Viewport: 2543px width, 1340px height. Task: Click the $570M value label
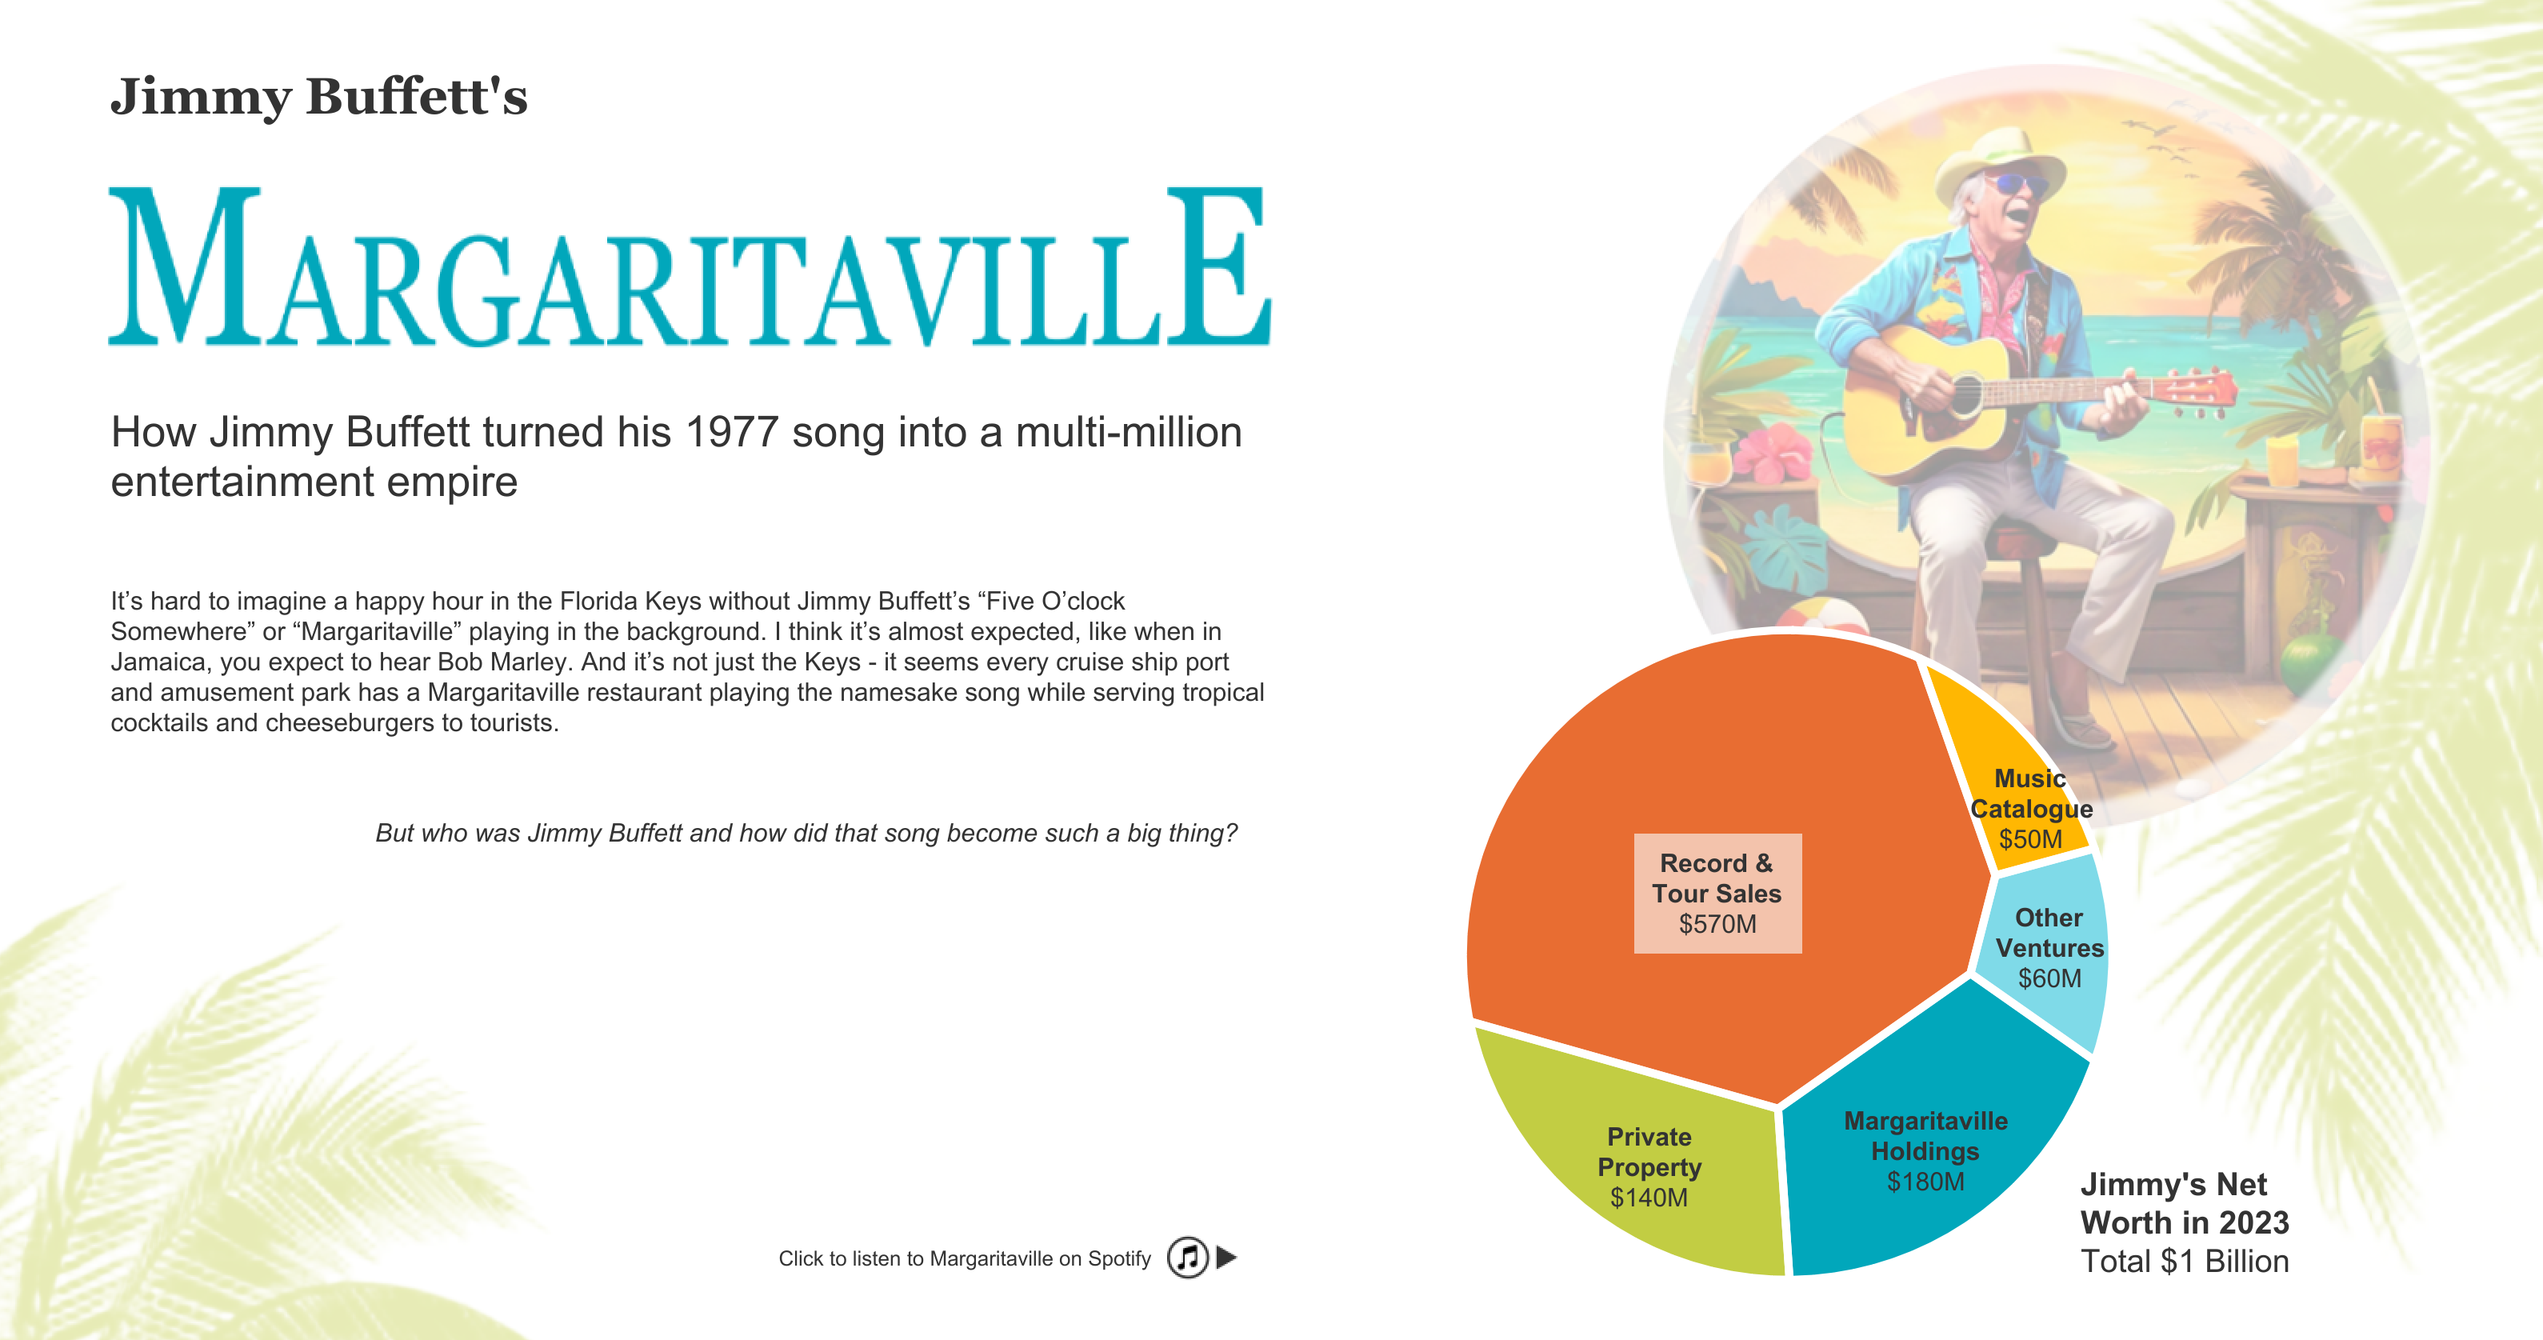(x=1717, y=924)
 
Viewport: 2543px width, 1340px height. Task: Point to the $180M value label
(x=1925, y=1182)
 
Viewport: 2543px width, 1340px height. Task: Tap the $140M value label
(x=1649, y=1198)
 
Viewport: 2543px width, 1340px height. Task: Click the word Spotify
(x=1119, y=1259)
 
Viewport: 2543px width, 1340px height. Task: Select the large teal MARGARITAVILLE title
(x=689, y=266)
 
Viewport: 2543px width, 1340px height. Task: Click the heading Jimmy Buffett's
(x=319, y=97)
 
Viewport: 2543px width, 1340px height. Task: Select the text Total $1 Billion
(x=2185, y=1261)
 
